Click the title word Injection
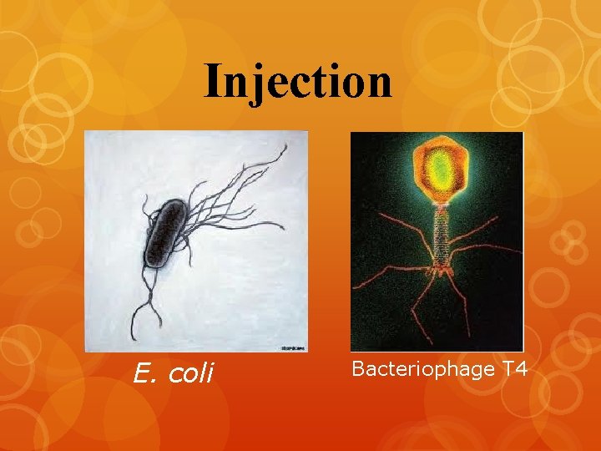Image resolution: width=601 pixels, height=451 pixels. tap(298, 82)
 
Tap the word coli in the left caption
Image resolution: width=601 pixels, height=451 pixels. tap(192, 372)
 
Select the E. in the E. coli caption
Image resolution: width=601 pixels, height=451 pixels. tap(147, 372)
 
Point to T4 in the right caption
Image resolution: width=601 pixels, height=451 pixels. tap(514, 368)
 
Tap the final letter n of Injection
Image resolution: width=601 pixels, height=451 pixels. tap(380, 81)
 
